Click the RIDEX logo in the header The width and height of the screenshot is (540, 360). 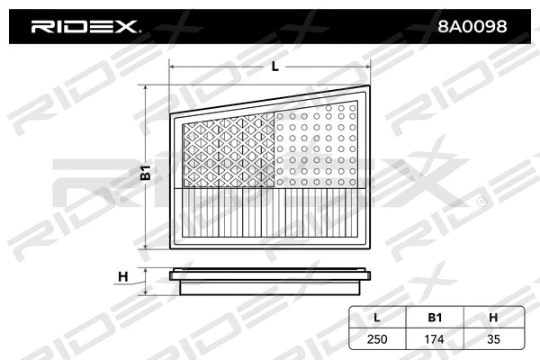pyautogui.click(x=85, y=27)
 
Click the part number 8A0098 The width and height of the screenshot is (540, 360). pyautogui.click(x=471, y=27)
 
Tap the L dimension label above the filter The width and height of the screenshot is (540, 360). pyautogui.click(x=274, y=66)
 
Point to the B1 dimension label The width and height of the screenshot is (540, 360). pyautogui.click(x=145, y=174)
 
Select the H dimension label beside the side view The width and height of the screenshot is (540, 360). pyautogui.click(x=123, y=276)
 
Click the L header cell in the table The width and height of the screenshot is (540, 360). pyautogui.click(x=377, y=317)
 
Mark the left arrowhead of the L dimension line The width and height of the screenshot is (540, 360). pyautogui.click(x=174, y=67)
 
